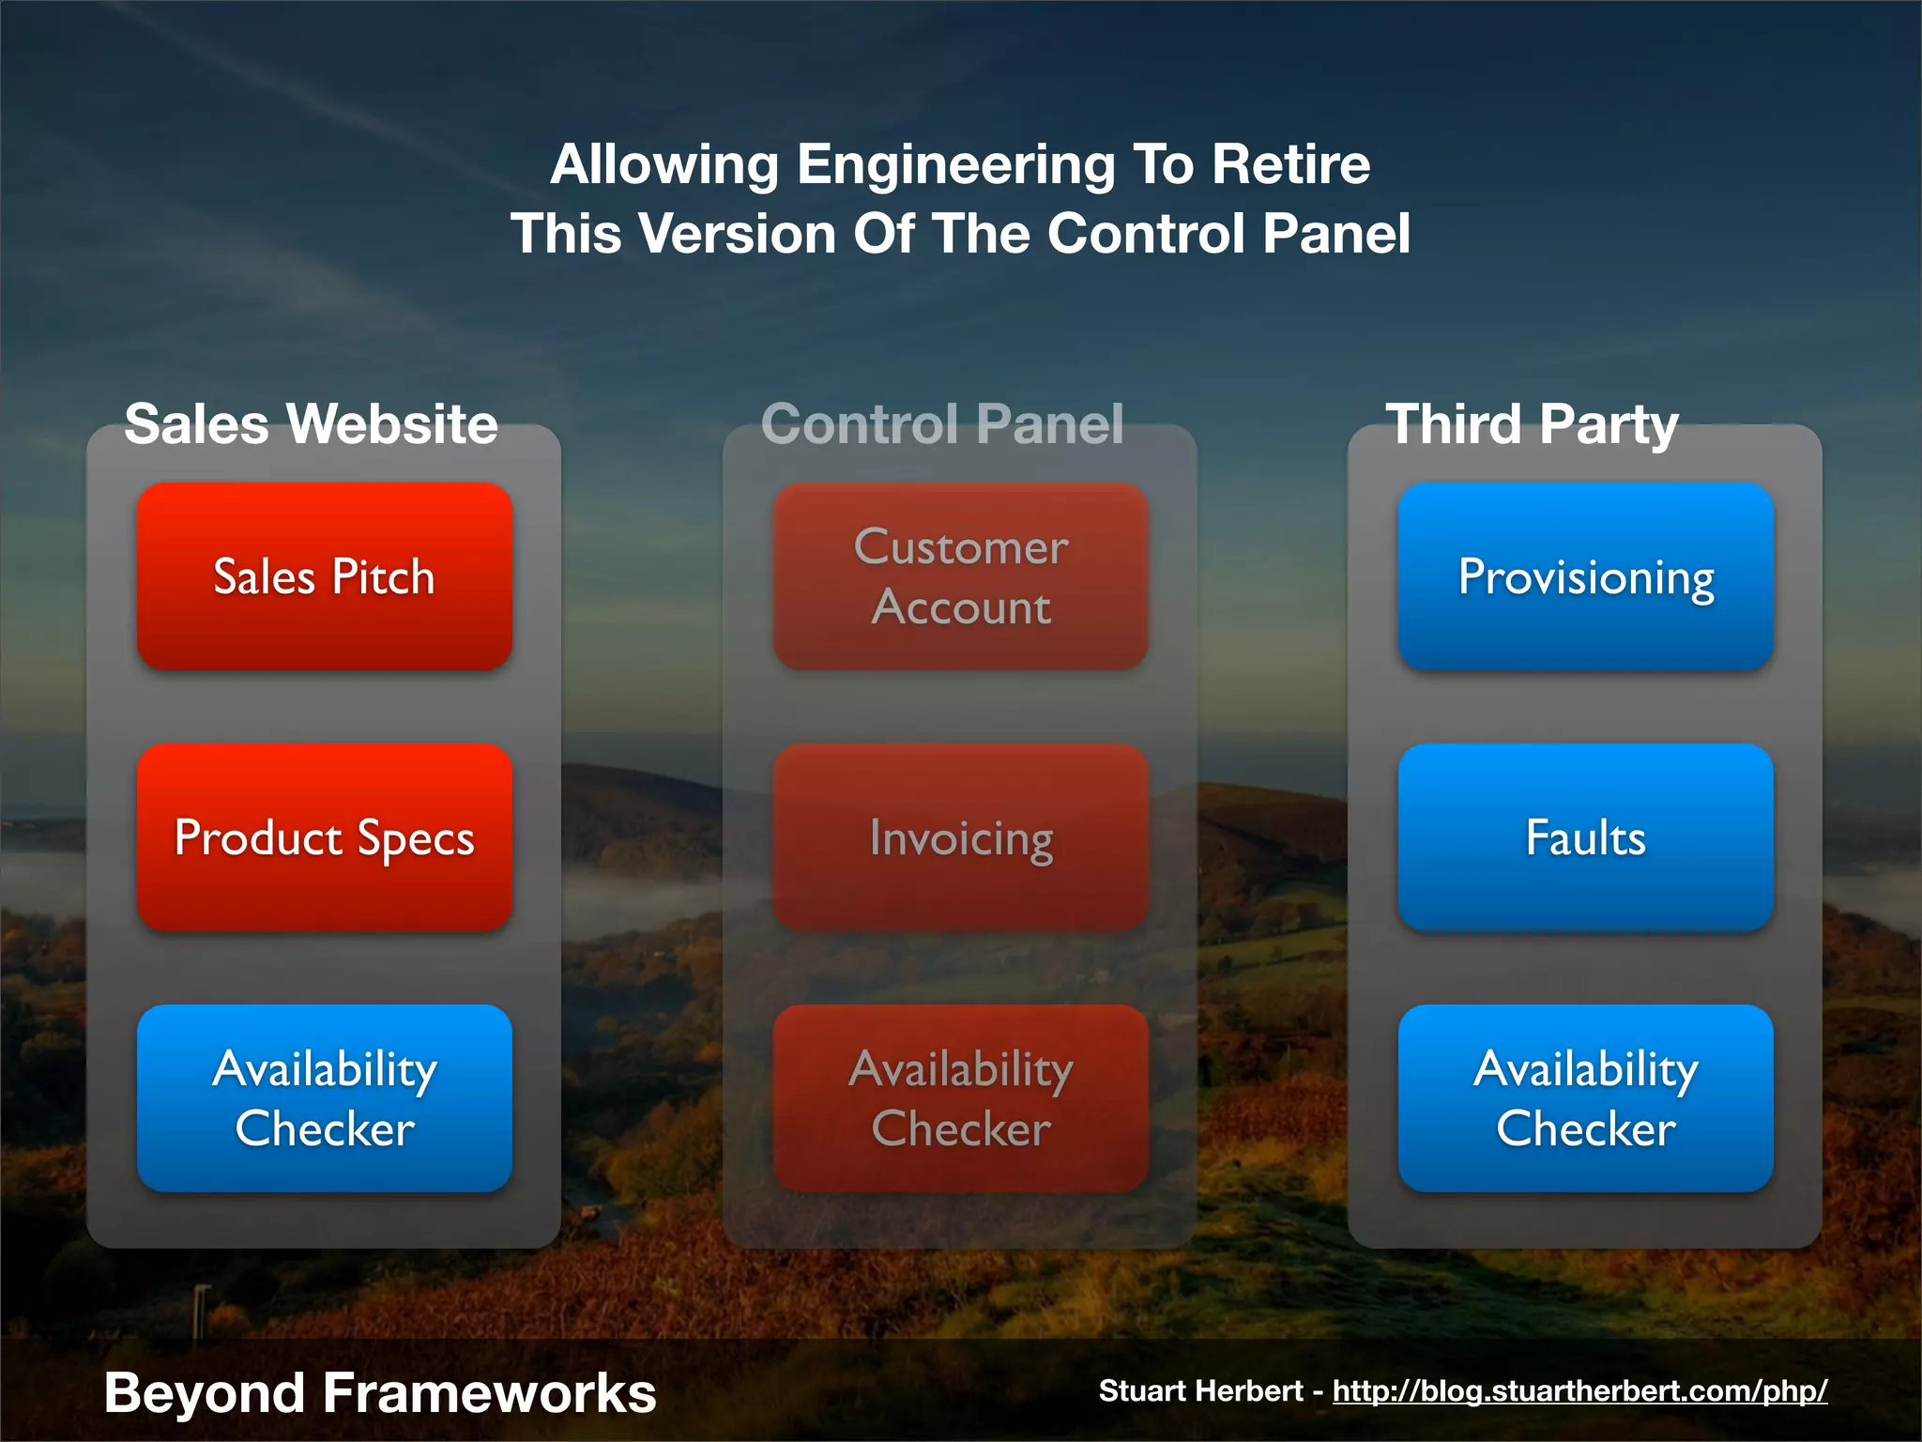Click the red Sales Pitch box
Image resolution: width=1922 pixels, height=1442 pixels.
[324, 576]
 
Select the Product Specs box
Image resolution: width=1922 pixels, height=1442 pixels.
[324, 837]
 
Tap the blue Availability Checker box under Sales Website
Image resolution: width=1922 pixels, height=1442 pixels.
[324, 1098]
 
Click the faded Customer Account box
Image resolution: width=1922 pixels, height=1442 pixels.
[960, 576]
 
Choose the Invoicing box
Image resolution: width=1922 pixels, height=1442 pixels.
[960, 837]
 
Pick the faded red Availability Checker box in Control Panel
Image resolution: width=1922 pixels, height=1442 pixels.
[960, 1098]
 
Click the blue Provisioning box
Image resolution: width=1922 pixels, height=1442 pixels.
[1585, 576]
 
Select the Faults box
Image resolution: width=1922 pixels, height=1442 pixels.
[1585, 837]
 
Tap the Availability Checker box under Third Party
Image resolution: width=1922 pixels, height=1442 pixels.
[1585, 1098]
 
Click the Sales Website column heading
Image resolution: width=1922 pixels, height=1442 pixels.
[311, 423]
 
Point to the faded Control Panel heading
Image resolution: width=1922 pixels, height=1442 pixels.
[942, 423]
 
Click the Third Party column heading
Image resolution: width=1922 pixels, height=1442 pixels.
[1532, 423]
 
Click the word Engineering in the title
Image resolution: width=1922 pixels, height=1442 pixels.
[955, 166]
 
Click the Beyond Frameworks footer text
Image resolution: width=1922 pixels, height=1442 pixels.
[380, 1392]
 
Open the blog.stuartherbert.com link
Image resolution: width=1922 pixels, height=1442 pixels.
[1579, 1390]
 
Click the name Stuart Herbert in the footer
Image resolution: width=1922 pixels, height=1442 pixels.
[1200, 1390]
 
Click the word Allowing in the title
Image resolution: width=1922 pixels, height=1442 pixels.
[664, 166]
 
